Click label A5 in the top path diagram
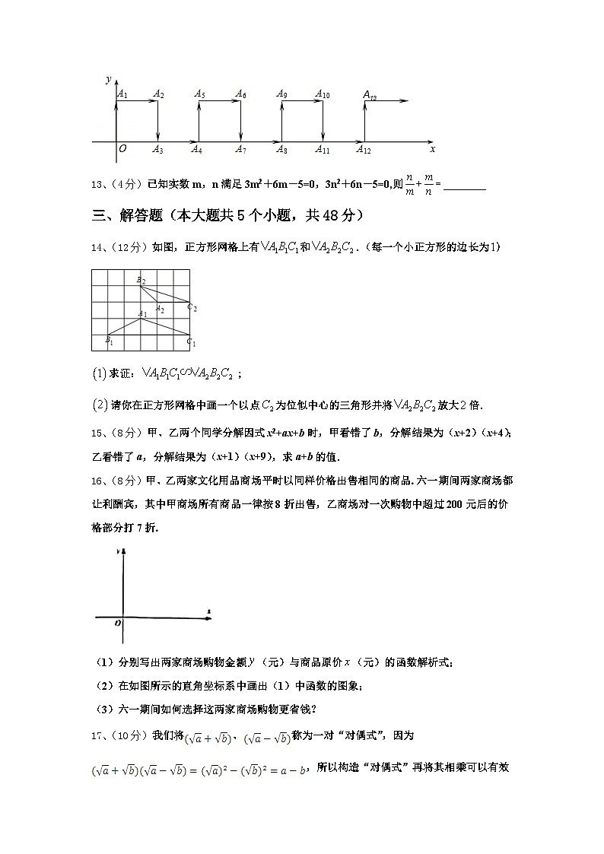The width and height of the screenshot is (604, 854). pos(199,94)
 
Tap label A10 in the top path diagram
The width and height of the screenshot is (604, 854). pos(322,95)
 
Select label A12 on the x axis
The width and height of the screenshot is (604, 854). pos(364,151)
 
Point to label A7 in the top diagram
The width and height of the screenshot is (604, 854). pos(240,151)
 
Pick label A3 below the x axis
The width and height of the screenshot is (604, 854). pos(157,151)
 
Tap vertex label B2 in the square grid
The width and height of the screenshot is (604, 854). pos(141,281)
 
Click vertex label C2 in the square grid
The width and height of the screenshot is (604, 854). pos(192,308)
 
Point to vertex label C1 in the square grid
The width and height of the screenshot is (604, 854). pos(192,343)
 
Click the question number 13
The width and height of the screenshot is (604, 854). pos(97,184)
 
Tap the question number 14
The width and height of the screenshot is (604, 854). pos(97,247)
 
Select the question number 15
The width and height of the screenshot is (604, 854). pos(97,433)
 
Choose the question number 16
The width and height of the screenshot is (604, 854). pos(97,481)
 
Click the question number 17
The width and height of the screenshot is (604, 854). pos(97,736)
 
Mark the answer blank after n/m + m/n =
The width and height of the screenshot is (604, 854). pos(464,184)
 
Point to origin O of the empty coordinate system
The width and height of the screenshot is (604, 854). pos(117,624)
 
